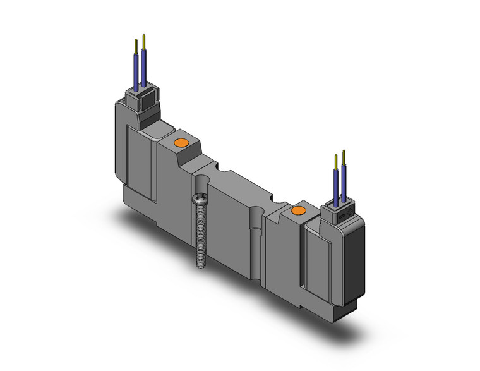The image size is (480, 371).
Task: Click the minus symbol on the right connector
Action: pos(340,216)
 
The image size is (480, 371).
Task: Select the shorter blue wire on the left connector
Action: pos(136,71)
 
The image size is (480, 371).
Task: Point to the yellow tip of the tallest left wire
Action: pos(145,41)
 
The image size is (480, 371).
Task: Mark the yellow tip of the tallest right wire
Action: pos(344,156)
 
